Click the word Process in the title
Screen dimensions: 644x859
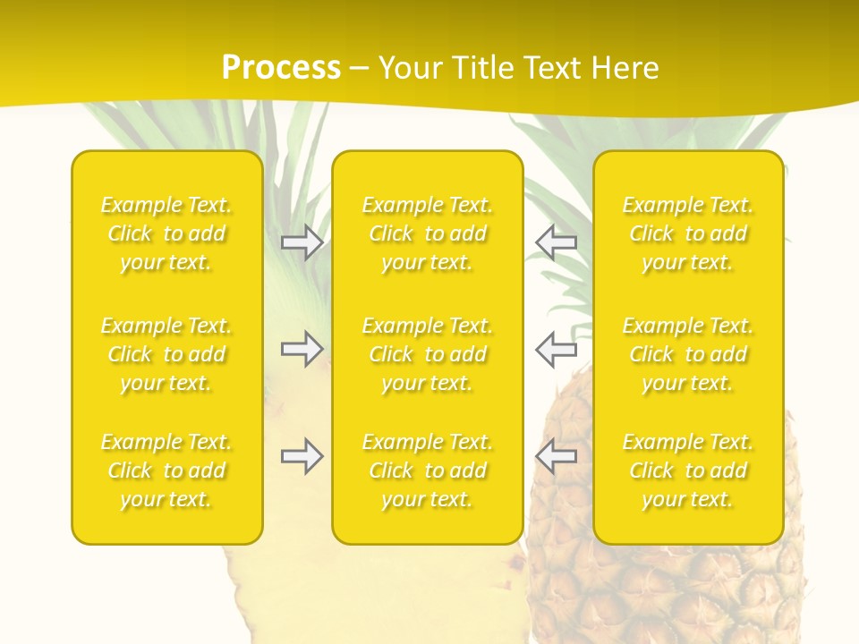point(281,68)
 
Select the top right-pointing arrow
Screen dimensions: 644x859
point(302,242)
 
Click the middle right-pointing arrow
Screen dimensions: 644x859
point(302,349)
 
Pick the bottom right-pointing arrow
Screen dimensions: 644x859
point(302,456)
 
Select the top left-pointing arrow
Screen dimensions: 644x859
point(556,242)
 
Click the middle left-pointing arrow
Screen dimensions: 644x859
point(556,349)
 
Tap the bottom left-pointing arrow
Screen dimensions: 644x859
point(556,456)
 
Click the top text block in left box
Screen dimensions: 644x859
point(166,233)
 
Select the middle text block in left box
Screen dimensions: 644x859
point(166,354)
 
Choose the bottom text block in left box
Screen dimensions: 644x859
point(166,470)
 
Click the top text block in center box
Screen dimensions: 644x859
point(427,233)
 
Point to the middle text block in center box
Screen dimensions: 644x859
point(427,354)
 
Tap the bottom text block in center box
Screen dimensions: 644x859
point(427,470)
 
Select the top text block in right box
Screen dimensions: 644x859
point(688,233)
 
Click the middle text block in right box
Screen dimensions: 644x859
point(688,354)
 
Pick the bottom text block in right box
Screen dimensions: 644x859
point(688,470)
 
